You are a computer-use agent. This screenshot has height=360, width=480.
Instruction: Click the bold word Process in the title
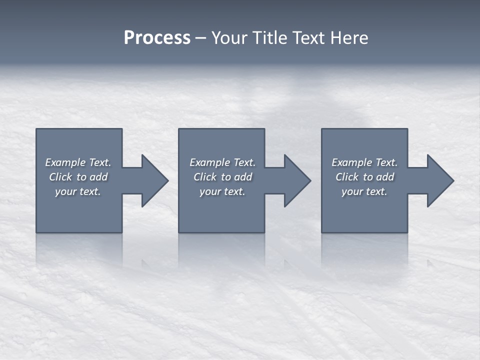(157, 38)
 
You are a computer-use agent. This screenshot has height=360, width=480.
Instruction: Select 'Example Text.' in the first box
(78, 162)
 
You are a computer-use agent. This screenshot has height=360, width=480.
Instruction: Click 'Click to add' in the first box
(78, 177)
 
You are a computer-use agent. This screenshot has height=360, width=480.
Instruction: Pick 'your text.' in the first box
(78, 191)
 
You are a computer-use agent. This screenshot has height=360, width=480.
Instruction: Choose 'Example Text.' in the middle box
(222, 162)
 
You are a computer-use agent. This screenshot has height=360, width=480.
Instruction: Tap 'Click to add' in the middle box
(222, 177)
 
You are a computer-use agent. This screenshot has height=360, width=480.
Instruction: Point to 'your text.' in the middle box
(222, 191)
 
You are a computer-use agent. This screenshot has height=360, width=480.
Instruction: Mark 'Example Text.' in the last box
(364, 162)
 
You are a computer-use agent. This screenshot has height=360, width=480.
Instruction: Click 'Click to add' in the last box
(364, 177)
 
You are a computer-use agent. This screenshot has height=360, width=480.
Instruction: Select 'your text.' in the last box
(364, 191)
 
